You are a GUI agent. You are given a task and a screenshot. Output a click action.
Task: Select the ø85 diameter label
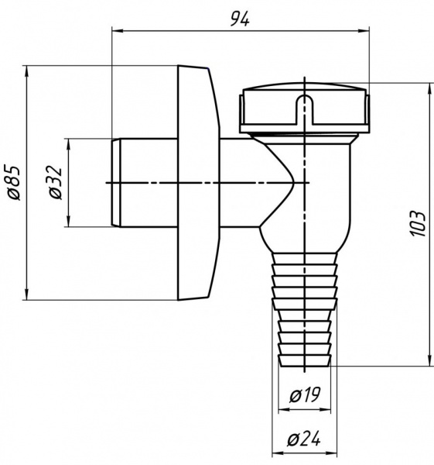pos(14,183)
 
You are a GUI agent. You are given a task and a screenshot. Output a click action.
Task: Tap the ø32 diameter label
pos(56,182)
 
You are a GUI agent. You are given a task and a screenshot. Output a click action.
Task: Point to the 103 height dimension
pos(419,224)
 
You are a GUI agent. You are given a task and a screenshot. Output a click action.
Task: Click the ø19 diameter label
pos(305,395)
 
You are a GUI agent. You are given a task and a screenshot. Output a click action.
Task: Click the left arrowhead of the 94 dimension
pos(118,30)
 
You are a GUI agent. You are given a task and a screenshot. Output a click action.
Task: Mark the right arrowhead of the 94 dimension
pos(364,30)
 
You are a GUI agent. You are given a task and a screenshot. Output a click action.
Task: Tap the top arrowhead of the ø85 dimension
pos(27,71)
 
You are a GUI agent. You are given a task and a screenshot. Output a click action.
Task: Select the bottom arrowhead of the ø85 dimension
pos(27,294)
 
